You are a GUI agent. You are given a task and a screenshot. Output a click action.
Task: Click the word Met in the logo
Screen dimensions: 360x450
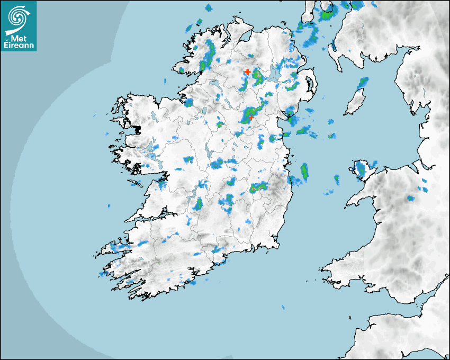click(x=19, y=38)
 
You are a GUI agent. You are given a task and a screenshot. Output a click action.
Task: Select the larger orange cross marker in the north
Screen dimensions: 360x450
click(x=247, y=71)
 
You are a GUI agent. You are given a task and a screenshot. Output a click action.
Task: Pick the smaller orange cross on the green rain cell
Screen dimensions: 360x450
click(x=251, y=118)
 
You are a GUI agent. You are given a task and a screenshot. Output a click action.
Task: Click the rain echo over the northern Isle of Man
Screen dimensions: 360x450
click(x=363, y=83)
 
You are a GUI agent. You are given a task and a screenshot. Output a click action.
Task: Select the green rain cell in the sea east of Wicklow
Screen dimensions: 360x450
click(x=304, y=171)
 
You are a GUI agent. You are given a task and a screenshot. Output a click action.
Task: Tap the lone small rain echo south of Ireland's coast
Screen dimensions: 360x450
click(x=283, y=307)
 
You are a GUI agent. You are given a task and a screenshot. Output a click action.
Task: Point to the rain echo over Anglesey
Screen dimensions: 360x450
click(x=362, y=169)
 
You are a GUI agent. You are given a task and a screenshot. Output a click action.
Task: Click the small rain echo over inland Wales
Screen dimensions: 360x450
click(x=410, y=199)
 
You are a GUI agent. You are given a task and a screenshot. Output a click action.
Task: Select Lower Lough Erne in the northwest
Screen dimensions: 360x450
click(x=214, y=84)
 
